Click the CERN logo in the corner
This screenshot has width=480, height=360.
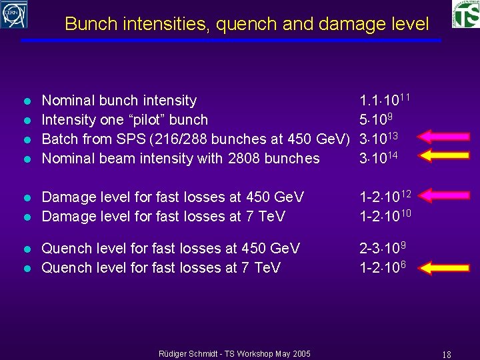pos(14,14)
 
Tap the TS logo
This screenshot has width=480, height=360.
pos(465,15)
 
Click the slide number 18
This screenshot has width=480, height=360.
pos(447,353)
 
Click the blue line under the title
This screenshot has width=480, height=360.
pos(231,41)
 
